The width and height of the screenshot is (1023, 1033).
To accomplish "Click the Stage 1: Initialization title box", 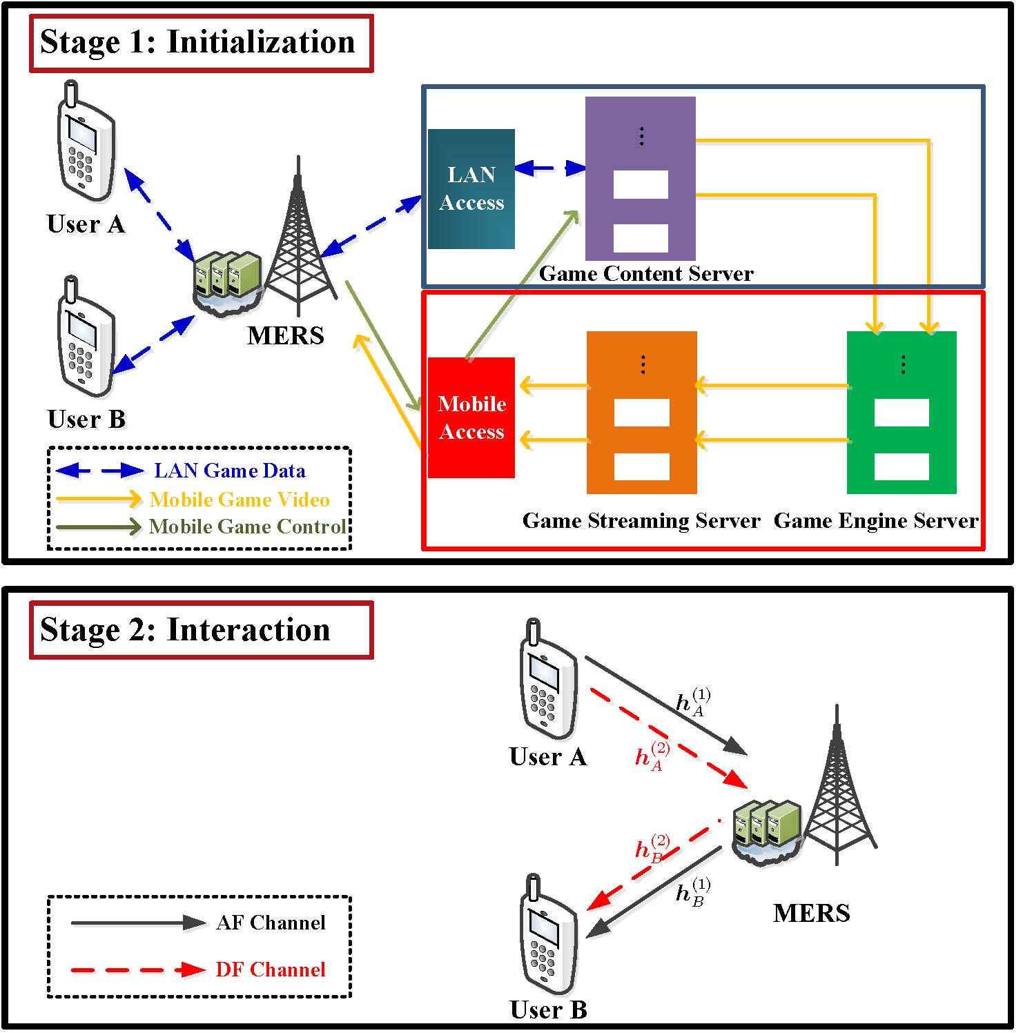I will tap(201, 43).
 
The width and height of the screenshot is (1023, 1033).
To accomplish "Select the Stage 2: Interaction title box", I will tap(201, 630).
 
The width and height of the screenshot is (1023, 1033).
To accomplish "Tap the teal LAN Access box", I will tap(471, 188).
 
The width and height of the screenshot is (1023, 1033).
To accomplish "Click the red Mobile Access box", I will tap(471, 417).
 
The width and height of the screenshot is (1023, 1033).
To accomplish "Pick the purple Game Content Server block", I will tap(640, 178).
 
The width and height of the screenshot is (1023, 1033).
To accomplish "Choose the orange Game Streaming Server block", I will tap(641, 412).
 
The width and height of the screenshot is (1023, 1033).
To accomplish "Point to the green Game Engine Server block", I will tap(902, 412).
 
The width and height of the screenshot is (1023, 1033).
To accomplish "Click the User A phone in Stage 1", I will tap(85, 141).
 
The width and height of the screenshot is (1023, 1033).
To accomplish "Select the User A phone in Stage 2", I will tap(548, 680).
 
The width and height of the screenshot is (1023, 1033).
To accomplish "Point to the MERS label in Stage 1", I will tap(285, 335).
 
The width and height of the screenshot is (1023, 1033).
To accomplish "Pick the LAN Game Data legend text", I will tap(229, 471).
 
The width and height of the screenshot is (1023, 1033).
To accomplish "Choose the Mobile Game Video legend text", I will tap(240, 499).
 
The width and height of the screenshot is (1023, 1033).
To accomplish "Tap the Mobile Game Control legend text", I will tap(248, 527).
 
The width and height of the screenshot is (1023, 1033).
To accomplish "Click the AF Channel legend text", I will tap(271, 923).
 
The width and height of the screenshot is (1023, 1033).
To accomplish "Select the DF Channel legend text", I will tap(270, 970).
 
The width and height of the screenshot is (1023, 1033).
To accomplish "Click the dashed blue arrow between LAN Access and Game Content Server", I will tap(550, 168).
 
